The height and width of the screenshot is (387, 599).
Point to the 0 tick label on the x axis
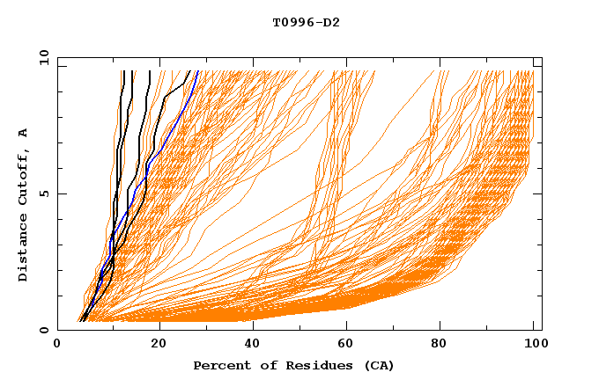(57, 344)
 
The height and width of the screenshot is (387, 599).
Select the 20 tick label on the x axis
(154, 344)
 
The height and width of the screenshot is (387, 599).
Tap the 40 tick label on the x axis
(251, 344)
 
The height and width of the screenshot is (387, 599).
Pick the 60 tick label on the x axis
(348, 344)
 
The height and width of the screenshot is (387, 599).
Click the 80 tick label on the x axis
(445, 344)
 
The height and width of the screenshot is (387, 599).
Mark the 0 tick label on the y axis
(44, 330)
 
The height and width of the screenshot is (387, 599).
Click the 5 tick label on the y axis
(44, 193)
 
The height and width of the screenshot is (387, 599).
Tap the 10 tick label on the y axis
(41, 58)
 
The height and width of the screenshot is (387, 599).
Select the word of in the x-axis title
(263, 365)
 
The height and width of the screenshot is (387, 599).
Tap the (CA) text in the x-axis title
(376, 365)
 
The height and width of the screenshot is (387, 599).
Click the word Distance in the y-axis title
(24, 248)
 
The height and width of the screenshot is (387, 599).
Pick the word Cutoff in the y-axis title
(24, 176)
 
